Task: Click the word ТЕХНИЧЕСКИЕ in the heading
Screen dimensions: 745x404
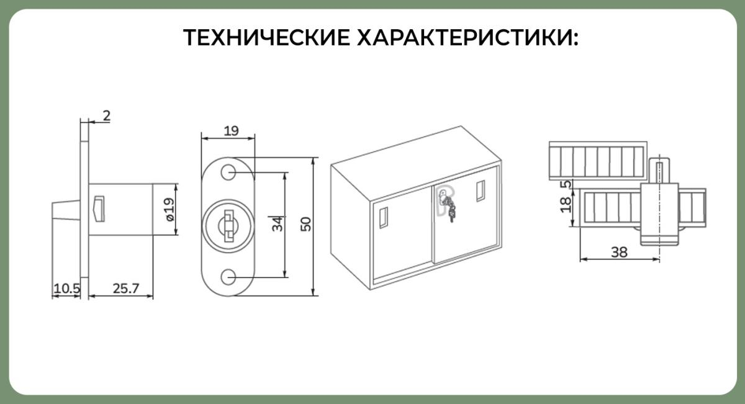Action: [266, 37]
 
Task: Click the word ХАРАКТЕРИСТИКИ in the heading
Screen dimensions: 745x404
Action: [464, 37]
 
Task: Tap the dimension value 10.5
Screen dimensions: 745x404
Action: [67, 289]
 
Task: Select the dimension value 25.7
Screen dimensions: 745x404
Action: [125, 289]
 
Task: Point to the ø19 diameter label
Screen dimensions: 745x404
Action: [169, 209]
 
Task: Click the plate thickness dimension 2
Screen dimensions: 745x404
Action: [106, 115]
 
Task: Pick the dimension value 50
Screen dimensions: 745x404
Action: [305, 224]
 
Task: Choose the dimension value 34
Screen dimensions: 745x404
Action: [278, 224]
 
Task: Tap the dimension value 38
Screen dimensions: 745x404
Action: [620, 253]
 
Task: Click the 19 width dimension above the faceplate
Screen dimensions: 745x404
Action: [231, 131]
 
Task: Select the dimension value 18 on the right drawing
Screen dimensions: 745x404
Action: [566, 205]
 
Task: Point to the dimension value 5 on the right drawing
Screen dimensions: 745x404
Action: [566, 184]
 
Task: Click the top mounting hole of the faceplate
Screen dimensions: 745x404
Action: [228, 173]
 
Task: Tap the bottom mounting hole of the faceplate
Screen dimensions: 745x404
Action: [228, 277]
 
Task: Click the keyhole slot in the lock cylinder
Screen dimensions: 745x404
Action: [229, 225]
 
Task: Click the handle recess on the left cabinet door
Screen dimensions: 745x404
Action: [384, 218]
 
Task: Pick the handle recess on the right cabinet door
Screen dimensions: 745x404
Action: [481, 191]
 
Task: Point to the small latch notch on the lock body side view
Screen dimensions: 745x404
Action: [99, 209]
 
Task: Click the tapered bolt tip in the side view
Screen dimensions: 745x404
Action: [66, 210]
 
